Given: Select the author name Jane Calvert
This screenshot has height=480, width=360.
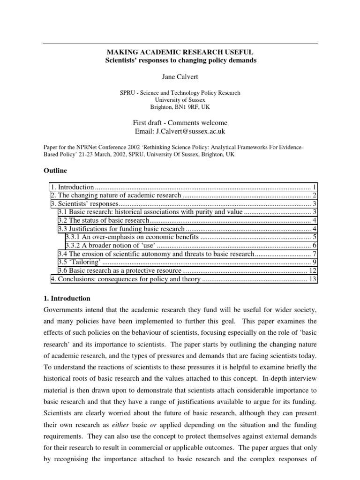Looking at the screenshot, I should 180,76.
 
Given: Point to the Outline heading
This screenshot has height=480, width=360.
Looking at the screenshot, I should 55,170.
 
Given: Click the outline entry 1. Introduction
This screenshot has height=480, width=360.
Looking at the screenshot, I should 72,187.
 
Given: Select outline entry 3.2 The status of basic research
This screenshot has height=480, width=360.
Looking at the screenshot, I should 103,220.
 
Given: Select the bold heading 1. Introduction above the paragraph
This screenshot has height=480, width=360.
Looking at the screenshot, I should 67,299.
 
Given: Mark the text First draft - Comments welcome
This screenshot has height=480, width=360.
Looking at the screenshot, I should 180,123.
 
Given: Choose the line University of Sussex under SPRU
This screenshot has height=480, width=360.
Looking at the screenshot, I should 180,100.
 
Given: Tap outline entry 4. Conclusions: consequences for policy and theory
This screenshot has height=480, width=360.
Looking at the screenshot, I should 126,279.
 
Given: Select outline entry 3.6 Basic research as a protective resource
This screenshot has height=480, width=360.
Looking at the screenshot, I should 120,271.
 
